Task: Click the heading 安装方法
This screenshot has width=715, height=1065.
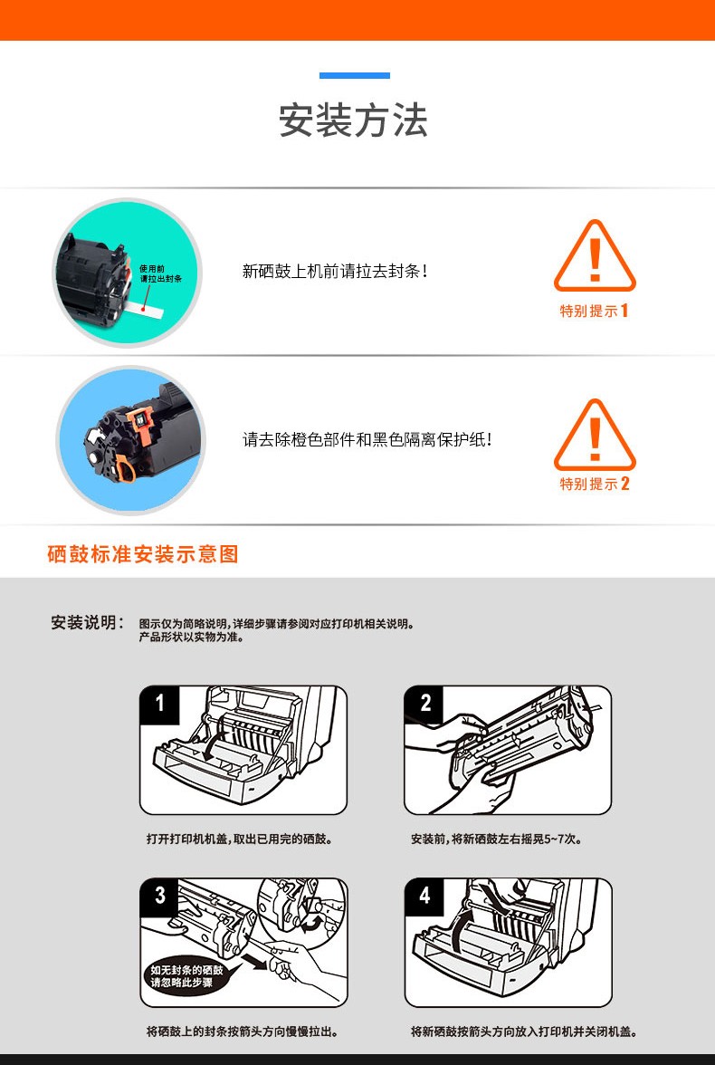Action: click(x=353, y=121)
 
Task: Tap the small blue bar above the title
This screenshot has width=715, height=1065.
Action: click(x=355, y=75)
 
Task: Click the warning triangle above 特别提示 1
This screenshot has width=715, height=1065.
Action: click(x=595, y=257)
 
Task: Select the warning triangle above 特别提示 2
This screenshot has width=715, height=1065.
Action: click(x=595, y=436)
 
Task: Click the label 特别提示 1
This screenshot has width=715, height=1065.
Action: click(x=594, y=312)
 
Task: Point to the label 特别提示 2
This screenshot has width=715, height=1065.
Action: click(x=594, y=484)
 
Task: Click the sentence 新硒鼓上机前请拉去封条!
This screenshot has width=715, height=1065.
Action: click(x=336, y=271)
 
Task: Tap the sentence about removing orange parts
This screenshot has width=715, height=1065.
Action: click(x=367, y=439)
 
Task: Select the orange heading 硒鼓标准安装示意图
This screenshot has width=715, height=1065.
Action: click(x=143, y=553)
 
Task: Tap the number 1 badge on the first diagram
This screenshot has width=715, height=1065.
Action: click(x=160, y=704)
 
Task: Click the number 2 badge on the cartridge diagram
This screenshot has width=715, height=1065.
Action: click(x=425, y=704)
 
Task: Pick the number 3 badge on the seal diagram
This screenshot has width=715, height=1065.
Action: click(x=160, y=896)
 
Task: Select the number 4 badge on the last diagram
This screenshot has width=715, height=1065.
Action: click(x=425, y=896)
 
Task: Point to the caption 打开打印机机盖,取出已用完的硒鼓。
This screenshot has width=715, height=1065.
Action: click(x=240, y=839)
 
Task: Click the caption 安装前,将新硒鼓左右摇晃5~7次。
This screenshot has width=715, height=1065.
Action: click(x=496, y=839)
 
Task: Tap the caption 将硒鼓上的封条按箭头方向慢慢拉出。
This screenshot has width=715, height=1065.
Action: click(x=243, y=1031)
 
